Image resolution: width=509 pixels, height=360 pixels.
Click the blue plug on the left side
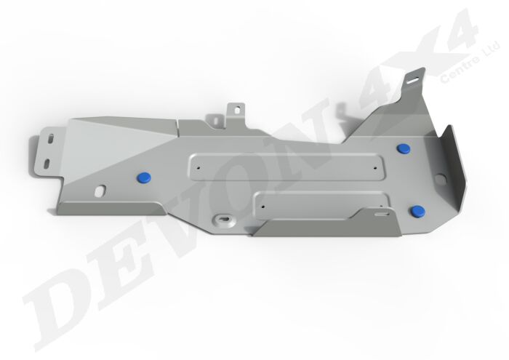click(143, 175)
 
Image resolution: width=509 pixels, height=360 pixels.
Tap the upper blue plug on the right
click(404, 149)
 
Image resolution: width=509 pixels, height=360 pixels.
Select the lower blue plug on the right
click(417, 211)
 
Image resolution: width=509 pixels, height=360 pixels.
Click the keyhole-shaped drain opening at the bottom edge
click(222, 218)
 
